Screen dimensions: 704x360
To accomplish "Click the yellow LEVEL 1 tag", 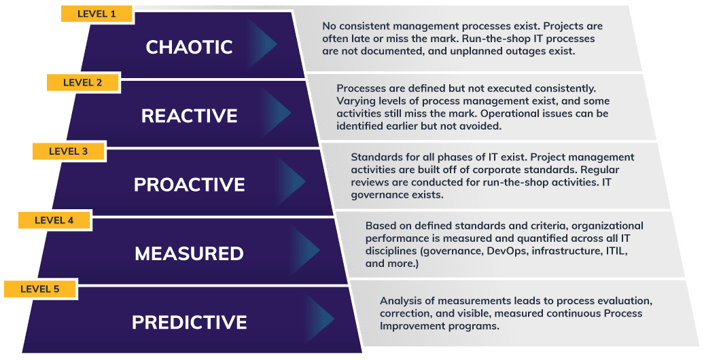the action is (x=97, y=14).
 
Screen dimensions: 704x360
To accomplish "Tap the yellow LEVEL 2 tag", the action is (x=83, y=83).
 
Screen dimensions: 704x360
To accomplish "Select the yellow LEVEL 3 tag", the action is (x=68, y=151).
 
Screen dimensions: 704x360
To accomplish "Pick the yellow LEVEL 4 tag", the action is (x=54, y=220).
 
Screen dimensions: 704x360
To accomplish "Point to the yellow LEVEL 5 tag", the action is (x=39, y=289).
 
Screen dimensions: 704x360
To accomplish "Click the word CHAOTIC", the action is (x=189, y=47).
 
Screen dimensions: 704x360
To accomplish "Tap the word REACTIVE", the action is (x=190, y=115).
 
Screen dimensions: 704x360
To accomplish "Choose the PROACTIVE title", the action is (x=190, y=185).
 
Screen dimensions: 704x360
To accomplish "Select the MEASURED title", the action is (x=190, y=253).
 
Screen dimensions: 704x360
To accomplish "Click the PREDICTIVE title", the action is (x=190, y=322).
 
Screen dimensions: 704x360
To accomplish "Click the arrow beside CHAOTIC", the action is (x=263, y=43).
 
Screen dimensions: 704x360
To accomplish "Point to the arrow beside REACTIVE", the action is (x=277, y=112).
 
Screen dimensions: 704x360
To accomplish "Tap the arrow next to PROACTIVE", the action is (x=292, y=181).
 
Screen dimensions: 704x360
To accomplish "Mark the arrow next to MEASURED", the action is (x=306, y=250).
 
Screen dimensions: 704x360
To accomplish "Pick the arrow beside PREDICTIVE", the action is (x=321, y=319).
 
